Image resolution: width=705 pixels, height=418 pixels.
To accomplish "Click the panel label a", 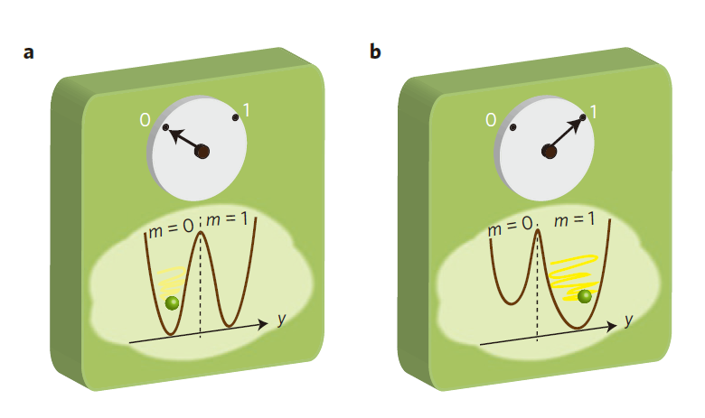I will coord(29,51).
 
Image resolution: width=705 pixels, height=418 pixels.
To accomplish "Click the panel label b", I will coord(375,51).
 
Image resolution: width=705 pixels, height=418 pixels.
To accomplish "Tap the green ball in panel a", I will coord(172,302).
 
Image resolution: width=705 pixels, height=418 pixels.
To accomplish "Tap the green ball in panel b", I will coord(585,295).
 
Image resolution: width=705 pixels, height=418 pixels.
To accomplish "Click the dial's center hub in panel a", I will coord(202,152).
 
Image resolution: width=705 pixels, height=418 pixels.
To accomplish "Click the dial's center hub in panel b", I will coord(548,152).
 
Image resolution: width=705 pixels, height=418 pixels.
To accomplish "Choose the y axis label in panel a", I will coord(282,321).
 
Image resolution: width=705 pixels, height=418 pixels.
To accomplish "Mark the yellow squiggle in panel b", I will coord(572,275).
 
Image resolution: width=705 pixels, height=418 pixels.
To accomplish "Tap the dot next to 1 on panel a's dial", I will coord(236,116).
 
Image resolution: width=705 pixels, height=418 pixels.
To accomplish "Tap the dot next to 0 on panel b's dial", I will coord(512,127).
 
